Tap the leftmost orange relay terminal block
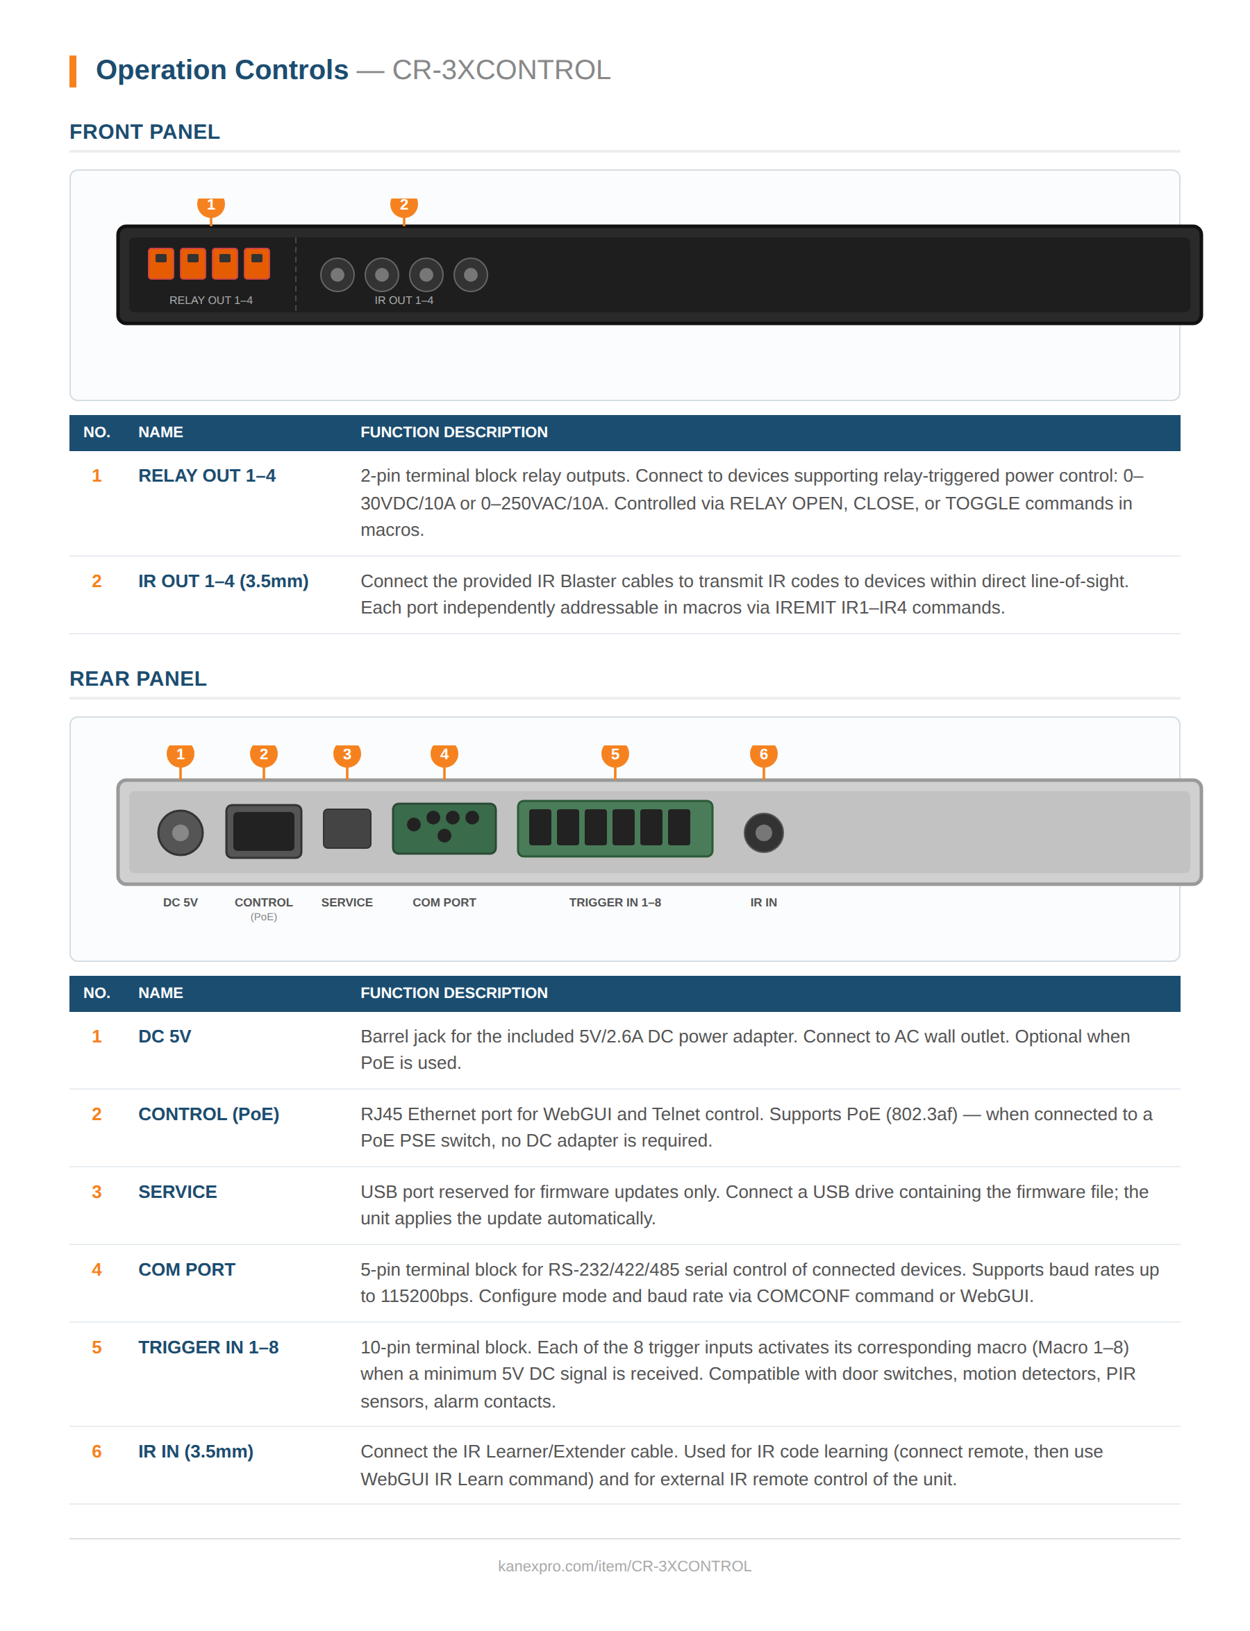pyautogui.click(x=160, y=263)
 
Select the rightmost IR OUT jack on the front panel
pyautogui.click(x=470, y=274)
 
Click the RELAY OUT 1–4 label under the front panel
pyautogui.click(x=210, y=300)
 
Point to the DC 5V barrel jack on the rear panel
pyautogui.click(x=180, y=832)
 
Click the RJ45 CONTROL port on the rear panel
pyautogui.click(x=263, y=831)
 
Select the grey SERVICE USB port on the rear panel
pyautogui.click(x=347, y=828)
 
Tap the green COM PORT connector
pyautogui.click(x=444, y=828)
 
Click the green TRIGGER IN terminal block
pyautogui.click(x=615, y=828)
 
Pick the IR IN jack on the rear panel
pyautogui.click(x=763, y=832)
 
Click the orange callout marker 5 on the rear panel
pyautogui.click(x=615, y=755)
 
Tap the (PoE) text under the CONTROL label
pyautogui.click(x=263, y=917)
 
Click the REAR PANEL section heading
pyautogui.click(x=137, y=678)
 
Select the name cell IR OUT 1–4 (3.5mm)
pyautogui.click(x=223, y=581)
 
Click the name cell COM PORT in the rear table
pyautogui.click(x=187, y=1269)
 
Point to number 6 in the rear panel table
pyautogui.click(x=97, y=1451)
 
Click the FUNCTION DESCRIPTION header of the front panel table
pyautogui.click(x=454, y=432)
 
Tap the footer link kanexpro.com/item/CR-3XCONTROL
pyautogui.click(x=624, y=1566)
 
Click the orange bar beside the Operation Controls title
pyautogui.click(x=73, y=71)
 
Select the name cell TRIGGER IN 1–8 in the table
pyautogui.click(x=208, y=1347)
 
